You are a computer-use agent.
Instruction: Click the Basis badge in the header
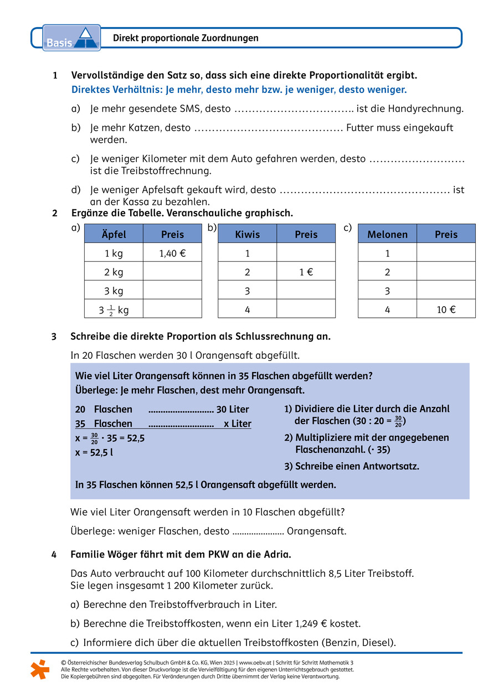pyautogui.click(x=71, y=38)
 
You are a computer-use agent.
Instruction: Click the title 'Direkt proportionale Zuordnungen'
pyautogui.click(x=186, y=38)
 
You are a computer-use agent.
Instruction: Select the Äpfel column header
pyautogui.click(x=114, y=234)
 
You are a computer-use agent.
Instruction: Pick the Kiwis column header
pyautogui.click(x=247, y=234)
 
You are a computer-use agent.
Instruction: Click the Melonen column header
pyautogui.click(x=387, y=234)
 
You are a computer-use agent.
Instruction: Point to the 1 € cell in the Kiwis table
pyautogui.click(x=306, y=272)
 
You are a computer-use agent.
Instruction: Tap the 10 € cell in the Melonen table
pyautogui.click(x=446, y=309)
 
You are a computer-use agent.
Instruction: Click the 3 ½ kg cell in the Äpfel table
pyautogui.click(x=114, y=309)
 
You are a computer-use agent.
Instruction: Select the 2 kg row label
pyautogui.click(x=114, y=272)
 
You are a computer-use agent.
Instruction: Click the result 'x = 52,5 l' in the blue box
pyautogui.click(x=94, y=452)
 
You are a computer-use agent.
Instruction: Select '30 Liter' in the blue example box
pyautogui.click(x=233, y=410)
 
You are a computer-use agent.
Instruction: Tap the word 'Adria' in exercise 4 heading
pyautogui.click(x=275, y=554)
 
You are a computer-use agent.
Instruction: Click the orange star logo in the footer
pyautogui.click(x=40, y=669)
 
